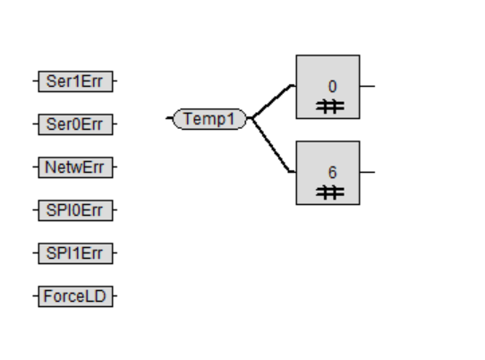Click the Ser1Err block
click(75, 81)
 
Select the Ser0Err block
click(75, 124)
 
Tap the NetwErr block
click(75, 167)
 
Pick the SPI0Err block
click(75, 210)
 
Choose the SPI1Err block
click(75, 253)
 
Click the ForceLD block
click(75, 296)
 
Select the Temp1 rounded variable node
click(209, 119)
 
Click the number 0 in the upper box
click(332, 87)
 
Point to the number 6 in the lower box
click(332, 173)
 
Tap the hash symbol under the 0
click(329, 107)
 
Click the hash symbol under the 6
click(329, 193)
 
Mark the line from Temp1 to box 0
click(272, 100)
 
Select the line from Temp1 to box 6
click(271, 145)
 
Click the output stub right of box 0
click(368, 86)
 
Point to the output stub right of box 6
click(368, 172)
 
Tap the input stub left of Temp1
click(169, 118)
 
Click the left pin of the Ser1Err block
click(35, 81)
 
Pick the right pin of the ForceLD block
click(115, 296)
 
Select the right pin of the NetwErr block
click(115, 167)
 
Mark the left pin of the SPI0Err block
click(35, 210)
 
